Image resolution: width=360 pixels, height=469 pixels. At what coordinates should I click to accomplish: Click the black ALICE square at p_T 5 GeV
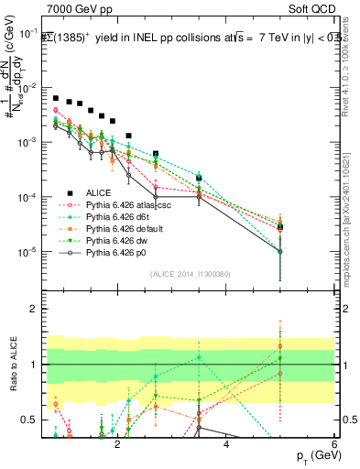280,226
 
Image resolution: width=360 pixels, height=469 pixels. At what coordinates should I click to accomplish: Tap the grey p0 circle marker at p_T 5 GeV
280,251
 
